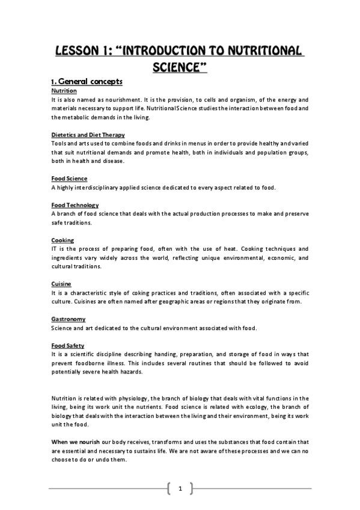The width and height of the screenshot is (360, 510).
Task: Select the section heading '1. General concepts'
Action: click(x=87, y=81)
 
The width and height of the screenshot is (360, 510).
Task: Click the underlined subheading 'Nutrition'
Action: click(x=64, y=90)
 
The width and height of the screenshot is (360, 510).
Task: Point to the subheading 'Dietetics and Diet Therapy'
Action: click(x=88, y=135)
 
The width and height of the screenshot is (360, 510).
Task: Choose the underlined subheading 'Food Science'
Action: click(x=69, y=179)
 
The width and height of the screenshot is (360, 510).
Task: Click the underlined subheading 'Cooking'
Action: click(x=63, y=241)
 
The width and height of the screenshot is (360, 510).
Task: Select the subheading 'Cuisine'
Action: click(x=61, y=283)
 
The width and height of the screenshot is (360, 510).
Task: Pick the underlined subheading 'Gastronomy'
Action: click(x=69, y=319)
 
